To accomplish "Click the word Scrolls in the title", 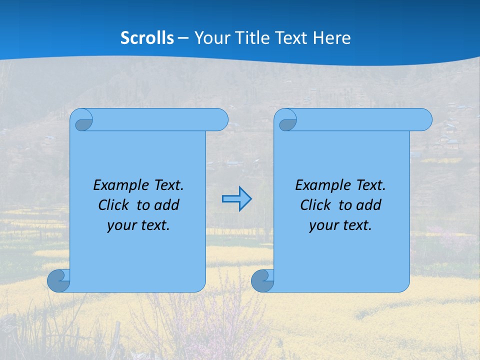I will tap(147, 38).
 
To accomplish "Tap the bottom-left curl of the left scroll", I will tap(59, 280).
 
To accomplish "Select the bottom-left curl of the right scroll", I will tap(262, 280).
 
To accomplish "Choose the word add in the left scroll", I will tap(166, 205).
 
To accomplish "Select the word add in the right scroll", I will tap(368, 205).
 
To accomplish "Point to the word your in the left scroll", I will tap(120, 225).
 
